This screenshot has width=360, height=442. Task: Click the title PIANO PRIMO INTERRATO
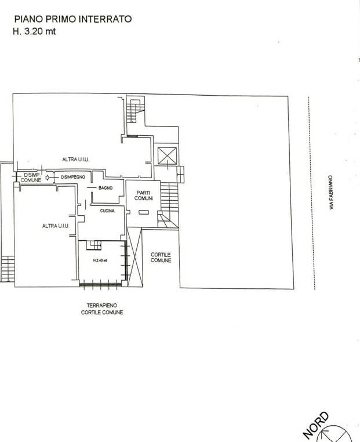click(73, 19)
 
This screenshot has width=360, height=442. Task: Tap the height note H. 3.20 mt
click(34, 31)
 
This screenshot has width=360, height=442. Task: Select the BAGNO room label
click(106, 188)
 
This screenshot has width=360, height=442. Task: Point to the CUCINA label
click(107, 211)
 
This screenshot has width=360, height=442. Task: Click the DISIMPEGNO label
click(73, 177)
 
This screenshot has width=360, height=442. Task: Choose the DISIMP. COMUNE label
click(31, 177)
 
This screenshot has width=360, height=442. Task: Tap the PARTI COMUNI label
click(143, 195)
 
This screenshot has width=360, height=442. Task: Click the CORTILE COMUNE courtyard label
click(161, 258)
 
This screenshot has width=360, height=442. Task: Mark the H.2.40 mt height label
click(100, 260)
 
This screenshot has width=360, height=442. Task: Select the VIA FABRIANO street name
click(331, 193)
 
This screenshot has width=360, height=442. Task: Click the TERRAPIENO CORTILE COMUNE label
click(102, 309)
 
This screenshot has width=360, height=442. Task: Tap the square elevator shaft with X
click(168, 155)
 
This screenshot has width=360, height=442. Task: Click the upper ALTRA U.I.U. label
click(75, 160)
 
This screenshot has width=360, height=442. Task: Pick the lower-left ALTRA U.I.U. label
click(56, 226)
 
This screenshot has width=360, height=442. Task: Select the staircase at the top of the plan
click(136, 110)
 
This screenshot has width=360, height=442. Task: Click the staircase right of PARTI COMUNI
click(169, 205)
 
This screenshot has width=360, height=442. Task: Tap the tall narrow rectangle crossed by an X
click(134, 257)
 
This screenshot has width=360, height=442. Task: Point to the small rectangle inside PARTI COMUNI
click(144, 212)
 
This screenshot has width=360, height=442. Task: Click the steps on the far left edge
click(8, 269)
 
